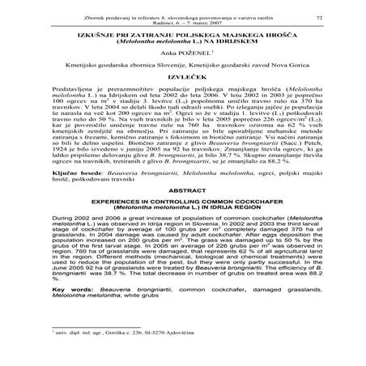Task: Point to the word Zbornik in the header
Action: (74, 16)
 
